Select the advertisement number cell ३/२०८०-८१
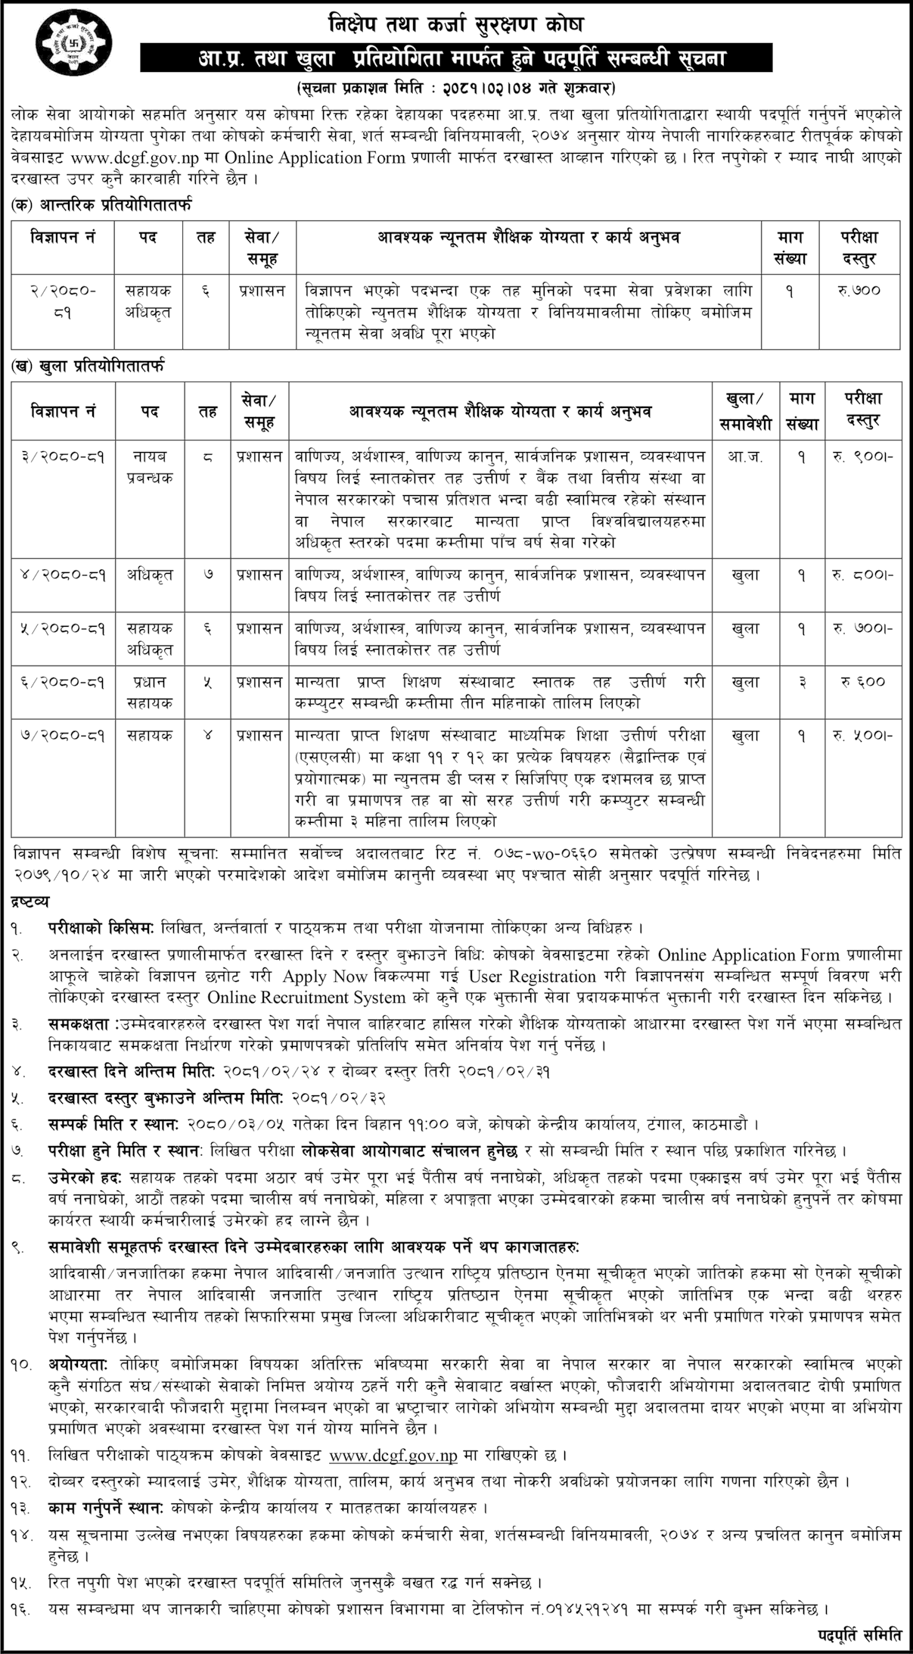[x=64, y=457]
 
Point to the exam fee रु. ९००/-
[x=863, y=457]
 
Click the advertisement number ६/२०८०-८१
[x=64, y=682]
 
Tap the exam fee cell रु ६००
[x=863, y=682]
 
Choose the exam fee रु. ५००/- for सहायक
[x=863, y=735]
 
